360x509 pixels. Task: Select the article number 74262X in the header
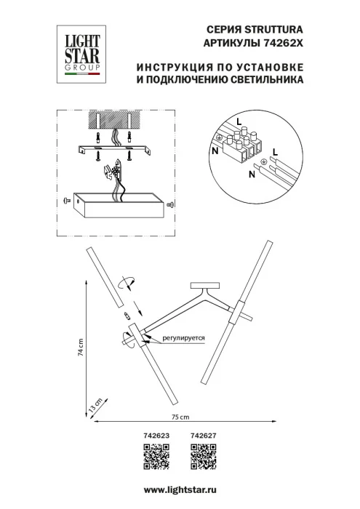click(281, 44)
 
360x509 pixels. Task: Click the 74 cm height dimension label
click(82, 348)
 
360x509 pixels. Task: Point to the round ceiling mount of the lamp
click(204, 286)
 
